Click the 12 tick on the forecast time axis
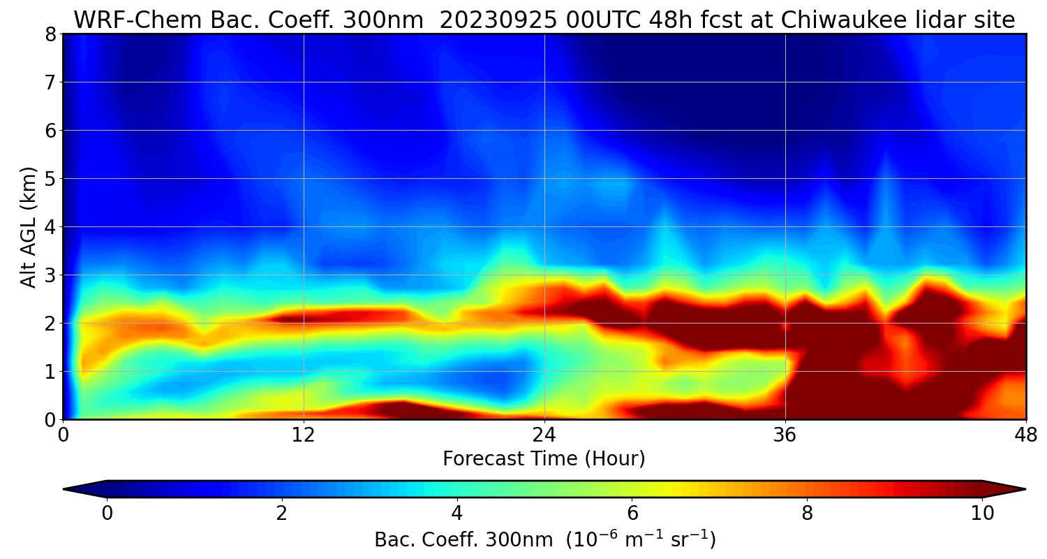[304, 435]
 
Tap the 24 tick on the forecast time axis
[544, 435]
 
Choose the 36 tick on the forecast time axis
[785, 435]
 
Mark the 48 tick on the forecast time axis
[1025, 435]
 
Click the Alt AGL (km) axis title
[28, 226]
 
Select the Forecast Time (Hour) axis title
[544, 458]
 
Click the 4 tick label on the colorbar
[457, 514]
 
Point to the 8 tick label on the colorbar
[807, 514]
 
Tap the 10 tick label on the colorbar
[982, 514]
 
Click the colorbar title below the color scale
[544, 539]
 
